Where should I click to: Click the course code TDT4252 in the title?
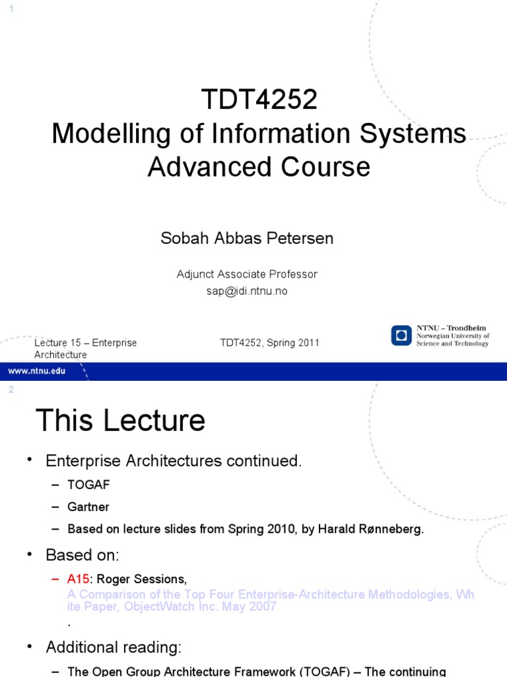[259, 100]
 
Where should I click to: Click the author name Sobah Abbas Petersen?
[247, 239]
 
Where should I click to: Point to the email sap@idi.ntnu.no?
[247, 291]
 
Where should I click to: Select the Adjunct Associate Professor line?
[247, 274]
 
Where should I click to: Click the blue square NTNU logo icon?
[401, 335]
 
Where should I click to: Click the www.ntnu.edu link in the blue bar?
[37, 371]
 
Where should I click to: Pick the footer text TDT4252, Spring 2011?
[269, 342]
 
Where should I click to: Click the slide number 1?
[11, 7]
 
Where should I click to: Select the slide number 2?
[11, 390]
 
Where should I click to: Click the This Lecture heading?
[120, 420]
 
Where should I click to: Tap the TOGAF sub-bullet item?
[88, 485]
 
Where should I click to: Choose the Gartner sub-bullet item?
[88, 507]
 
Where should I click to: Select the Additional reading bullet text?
[113, 647]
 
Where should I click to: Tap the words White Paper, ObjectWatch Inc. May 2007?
[172, 606]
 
